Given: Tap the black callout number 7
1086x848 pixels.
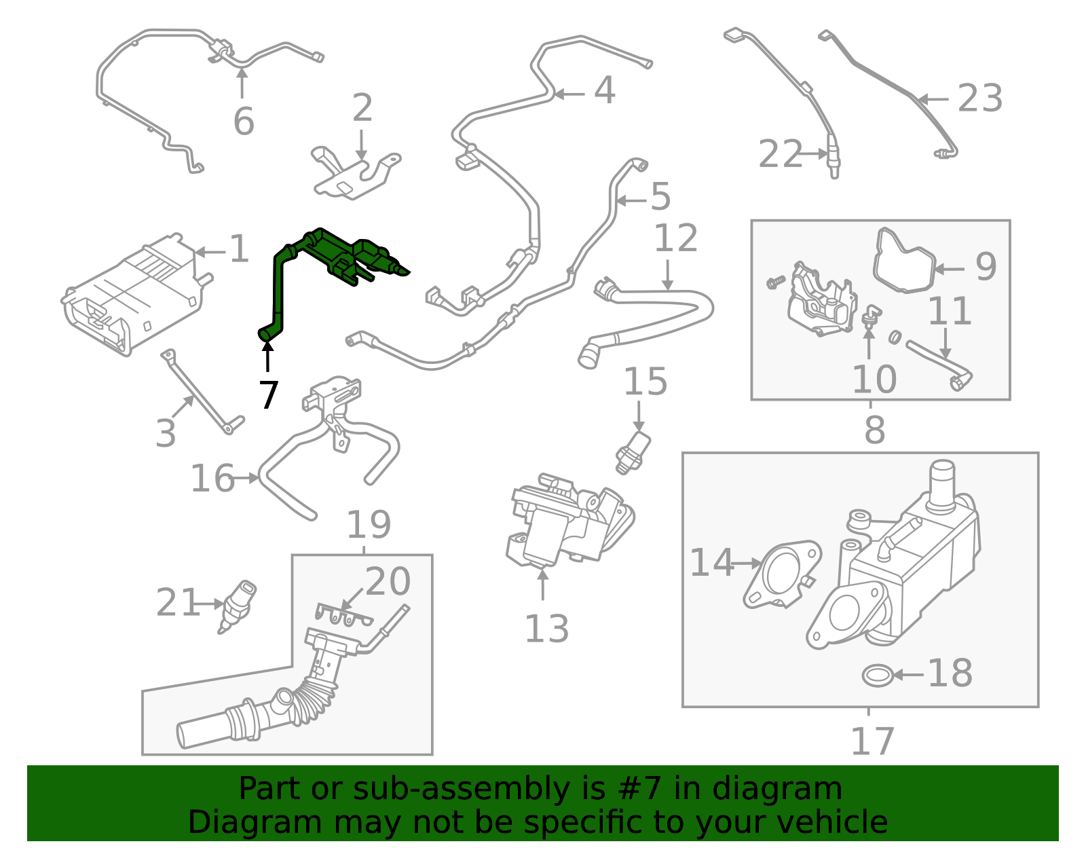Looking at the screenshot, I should point(269,395).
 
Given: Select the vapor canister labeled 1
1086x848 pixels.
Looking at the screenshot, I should point(132,295).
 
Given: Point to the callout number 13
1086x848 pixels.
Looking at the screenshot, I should point(546,629).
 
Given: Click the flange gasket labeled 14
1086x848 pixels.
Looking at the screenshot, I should point(781,574).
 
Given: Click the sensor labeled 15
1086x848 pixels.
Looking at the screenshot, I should point(633,451).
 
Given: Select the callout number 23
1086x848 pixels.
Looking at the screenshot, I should point(980,99).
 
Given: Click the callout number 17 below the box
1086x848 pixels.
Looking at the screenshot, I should point(873,741).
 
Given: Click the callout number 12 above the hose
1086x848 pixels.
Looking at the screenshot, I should point(675,238).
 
